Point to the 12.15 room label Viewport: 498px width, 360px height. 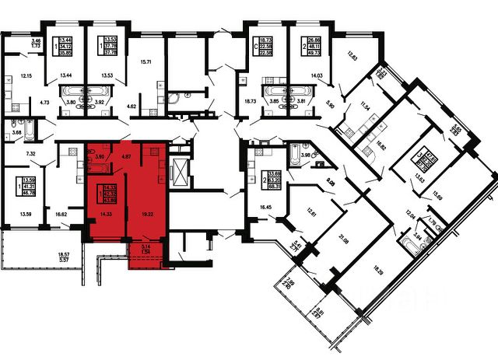26,75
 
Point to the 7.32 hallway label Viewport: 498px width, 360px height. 30,156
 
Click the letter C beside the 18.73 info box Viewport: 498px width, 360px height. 245,45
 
